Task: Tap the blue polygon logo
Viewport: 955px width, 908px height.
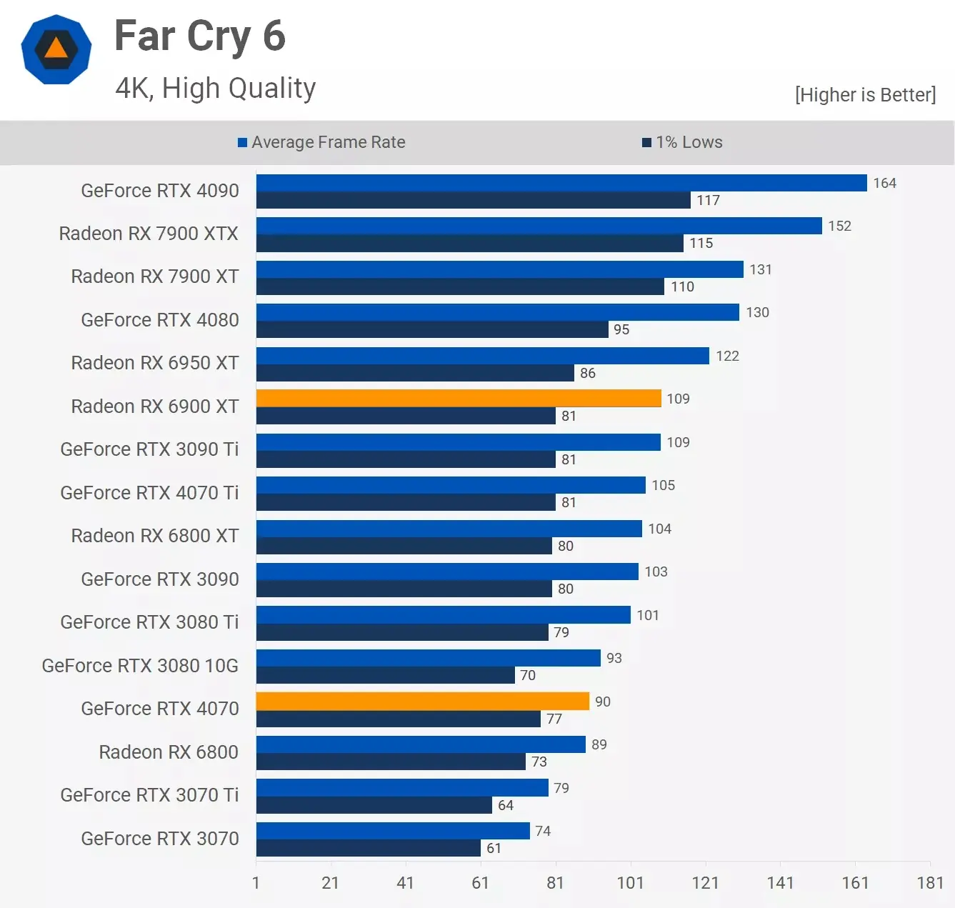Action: click(56, 49)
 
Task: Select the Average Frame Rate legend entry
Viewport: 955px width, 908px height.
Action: click(321, 142)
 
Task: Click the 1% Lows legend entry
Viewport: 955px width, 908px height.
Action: click(682, 142)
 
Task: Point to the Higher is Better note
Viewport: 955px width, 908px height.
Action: click(865, 95)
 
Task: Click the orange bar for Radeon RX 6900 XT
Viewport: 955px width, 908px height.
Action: click(459, 399)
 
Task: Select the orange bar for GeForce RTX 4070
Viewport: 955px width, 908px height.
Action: click(423, 702)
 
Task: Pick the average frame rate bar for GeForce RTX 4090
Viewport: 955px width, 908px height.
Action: click(561, 183)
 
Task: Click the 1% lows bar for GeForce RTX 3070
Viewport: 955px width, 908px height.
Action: click(369, 848)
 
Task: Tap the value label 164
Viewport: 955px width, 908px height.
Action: click(884, 183)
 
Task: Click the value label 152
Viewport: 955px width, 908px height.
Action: click(839, 226)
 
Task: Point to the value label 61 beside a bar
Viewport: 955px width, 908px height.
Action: click(494, 848)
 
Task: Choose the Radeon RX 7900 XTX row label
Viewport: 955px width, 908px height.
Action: click(149, 234)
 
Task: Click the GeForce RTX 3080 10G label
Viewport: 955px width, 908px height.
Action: click(140, 666)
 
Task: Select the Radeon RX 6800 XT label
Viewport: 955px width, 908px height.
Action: click(155, 536)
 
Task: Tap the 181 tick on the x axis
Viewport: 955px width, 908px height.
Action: click(930, 883)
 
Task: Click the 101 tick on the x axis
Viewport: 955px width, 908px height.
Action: click(630, 883)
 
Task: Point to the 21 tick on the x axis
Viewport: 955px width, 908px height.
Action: click(330, 883)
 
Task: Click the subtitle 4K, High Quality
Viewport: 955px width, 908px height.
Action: click(215, 88)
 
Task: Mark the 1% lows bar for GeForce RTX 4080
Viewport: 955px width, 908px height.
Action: click(432, 329)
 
